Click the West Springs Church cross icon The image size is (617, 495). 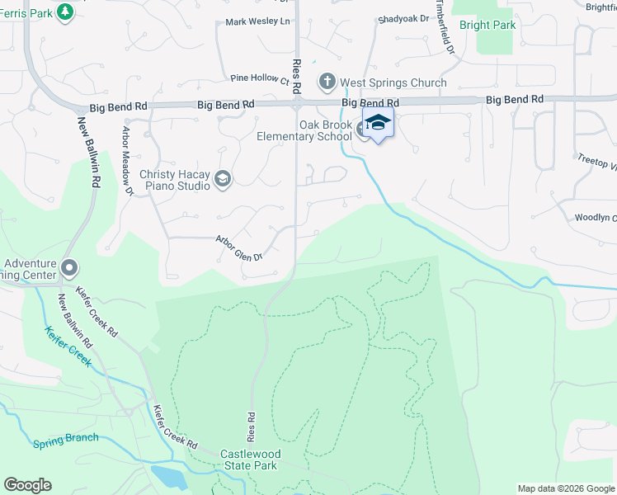(x=327, y=82)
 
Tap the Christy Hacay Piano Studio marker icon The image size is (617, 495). (x=222, y=179)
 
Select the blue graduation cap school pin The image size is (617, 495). (x=378, y=124)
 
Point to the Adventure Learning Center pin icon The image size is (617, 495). (x=69, y=269)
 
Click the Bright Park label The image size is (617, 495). (x=487, y=26)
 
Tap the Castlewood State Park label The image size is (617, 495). (x=251, y=460)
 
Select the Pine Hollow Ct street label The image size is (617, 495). (x=260, y=79)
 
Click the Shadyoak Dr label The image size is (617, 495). (x=404, y=18)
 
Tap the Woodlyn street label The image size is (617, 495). (x=596, y=218)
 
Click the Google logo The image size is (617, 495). (x=27, y=485)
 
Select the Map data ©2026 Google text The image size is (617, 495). (x=566, y=488)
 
